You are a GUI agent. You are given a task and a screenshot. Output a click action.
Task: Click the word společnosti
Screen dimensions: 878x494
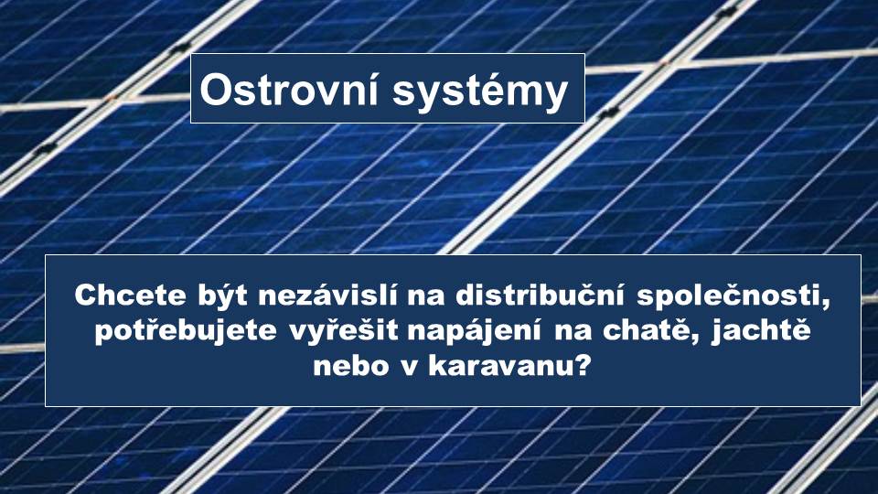(729, 296)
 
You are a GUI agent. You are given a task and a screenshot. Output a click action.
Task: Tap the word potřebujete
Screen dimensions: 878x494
(186, 330)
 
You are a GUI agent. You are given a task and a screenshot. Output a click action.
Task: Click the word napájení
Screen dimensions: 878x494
(475, 330)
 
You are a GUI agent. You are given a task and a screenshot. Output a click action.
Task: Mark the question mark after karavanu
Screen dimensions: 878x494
(583, 365)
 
